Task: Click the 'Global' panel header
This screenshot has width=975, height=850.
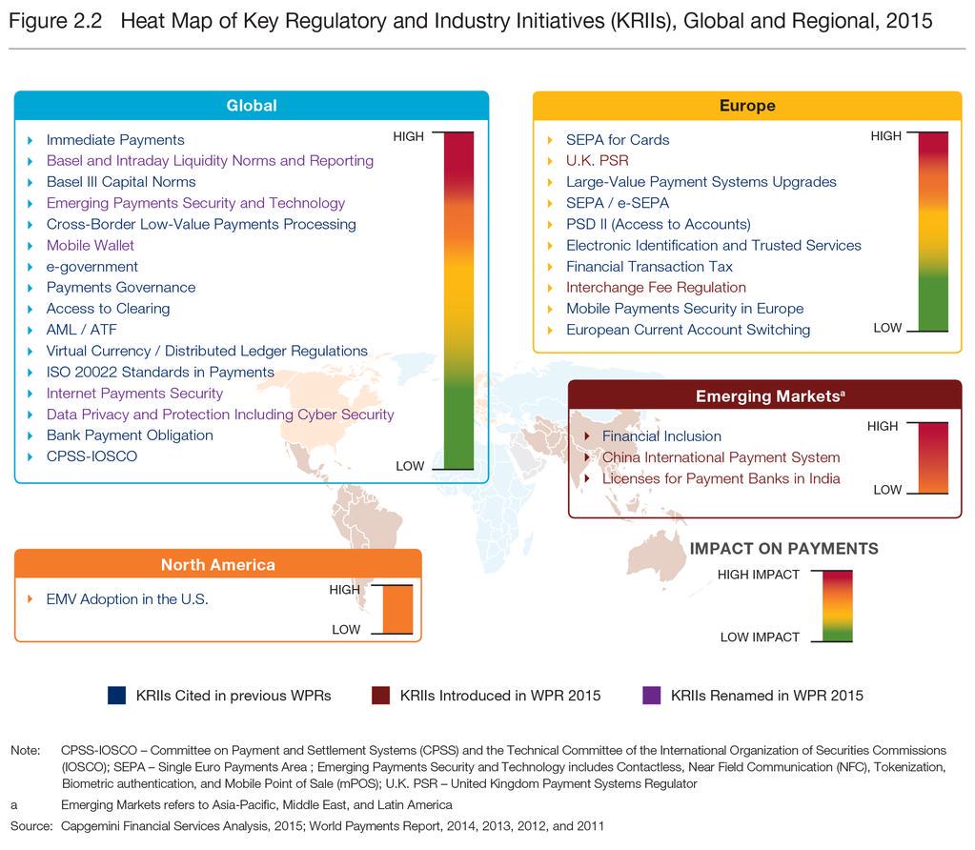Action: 252,106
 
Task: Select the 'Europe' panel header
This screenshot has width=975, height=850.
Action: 746,106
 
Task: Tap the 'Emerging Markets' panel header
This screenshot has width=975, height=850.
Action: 764,395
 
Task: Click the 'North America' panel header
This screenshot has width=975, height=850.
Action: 217,565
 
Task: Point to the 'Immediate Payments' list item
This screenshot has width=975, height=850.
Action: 115,140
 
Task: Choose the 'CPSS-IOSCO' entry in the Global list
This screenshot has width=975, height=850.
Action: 91,456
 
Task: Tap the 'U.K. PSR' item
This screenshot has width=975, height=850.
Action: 597,161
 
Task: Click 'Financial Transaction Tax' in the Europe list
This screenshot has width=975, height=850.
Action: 649,267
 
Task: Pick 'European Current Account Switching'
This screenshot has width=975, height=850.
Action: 687,330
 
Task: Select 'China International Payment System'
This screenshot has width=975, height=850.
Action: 721,457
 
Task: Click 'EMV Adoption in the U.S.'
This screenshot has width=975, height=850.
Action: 127,599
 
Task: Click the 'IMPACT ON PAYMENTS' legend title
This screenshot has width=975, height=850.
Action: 783,549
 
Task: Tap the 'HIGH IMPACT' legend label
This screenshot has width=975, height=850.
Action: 759,575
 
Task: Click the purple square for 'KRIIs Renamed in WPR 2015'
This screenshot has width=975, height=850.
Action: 653,696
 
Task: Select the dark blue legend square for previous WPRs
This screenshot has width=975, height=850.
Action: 117,696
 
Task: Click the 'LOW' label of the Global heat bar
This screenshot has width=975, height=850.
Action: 410,466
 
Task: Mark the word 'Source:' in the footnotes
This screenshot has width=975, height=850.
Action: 31,826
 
